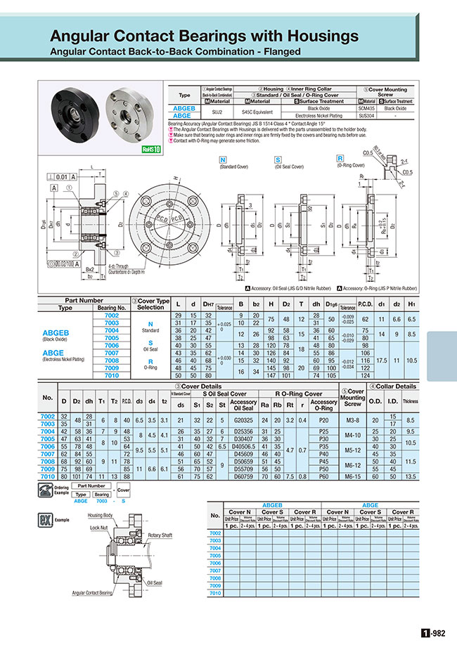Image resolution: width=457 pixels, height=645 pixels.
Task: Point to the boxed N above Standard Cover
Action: click(223, 159)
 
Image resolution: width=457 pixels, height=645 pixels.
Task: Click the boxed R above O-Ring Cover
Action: click(340, 159)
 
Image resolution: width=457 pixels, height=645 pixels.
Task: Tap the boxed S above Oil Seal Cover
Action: click(278, 159)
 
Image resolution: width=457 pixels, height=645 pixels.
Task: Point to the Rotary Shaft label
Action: click(160, 535)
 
